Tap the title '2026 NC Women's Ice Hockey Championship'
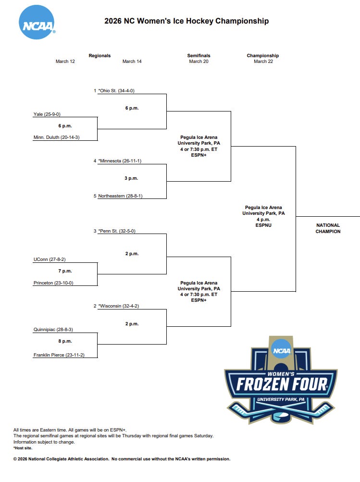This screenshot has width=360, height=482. pos(186,21)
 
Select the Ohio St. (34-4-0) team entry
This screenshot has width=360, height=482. pos(116,90)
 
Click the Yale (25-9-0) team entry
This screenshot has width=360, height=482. pos(47,114)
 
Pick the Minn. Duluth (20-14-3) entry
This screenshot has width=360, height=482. pos(56,137)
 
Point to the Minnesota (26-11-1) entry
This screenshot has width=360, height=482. pos(120,161)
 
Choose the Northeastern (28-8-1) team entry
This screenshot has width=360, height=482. pos(120,196)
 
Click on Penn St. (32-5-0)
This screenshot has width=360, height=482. pos(117,231)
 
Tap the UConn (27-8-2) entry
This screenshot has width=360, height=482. pos(50,260)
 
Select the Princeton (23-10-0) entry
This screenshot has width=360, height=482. pos(53,283)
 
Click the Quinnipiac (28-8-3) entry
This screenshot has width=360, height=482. pos(53,330)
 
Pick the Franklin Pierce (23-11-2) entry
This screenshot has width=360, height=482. pos(59,355)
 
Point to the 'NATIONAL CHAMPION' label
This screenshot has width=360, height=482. pos(328,228)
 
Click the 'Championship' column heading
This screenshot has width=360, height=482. pos(263,56)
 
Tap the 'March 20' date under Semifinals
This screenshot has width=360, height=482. pos(199,62)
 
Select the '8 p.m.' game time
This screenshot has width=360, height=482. pos(65,341)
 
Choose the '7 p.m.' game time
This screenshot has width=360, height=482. pos(65,271)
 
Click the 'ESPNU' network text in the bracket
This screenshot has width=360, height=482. pos(263,225)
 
